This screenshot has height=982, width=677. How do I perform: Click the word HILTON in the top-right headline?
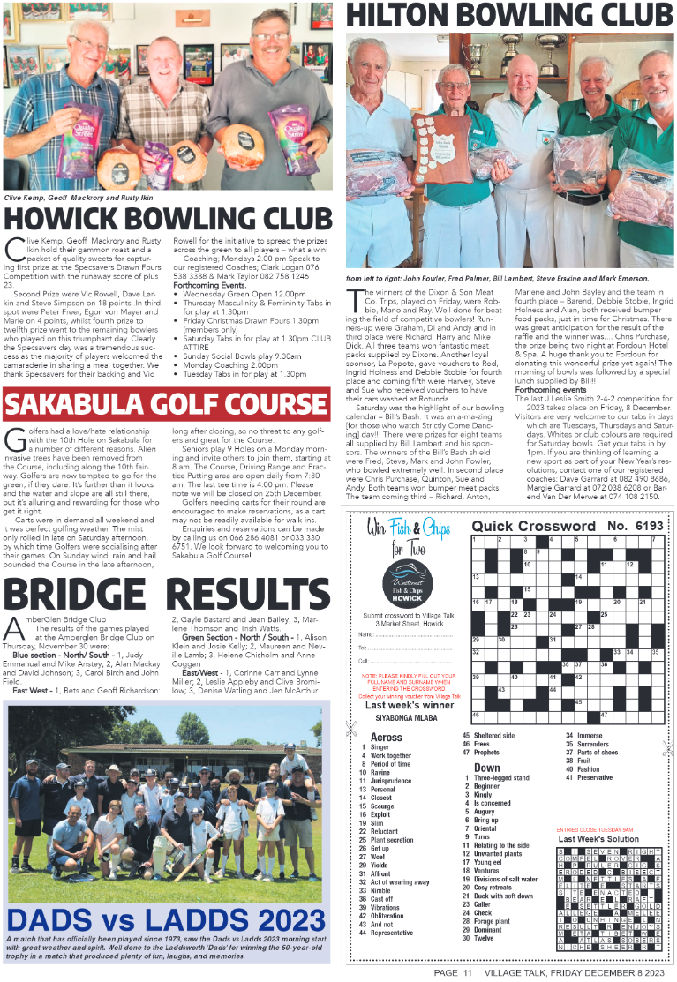coord(405,15)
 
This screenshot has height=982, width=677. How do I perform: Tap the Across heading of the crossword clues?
coord(386,737)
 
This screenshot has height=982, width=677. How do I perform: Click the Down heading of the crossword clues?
coord(486,768)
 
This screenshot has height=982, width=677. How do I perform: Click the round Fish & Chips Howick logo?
coord(410,586)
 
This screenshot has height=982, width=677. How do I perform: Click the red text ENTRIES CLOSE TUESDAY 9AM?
coord(595,829)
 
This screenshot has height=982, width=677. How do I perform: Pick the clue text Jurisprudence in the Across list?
coord(391,781)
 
